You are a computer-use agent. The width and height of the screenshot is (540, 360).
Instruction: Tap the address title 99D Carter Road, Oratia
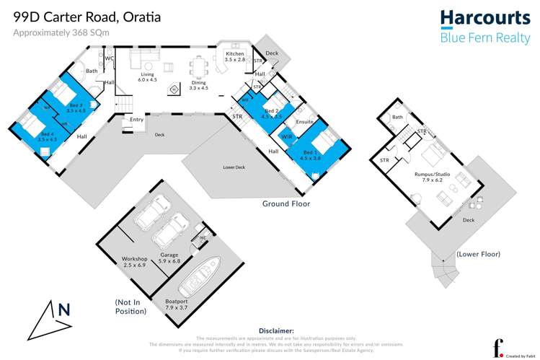(x=87, y=15)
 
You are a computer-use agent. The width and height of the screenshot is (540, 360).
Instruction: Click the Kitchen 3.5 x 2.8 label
(x=236, y=58)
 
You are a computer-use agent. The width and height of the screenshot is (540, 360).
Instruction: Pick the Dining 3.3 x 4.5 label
(x=198, y=84)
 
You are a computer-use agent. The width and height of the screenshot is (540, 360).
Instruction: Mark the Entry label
(x=137, y=119)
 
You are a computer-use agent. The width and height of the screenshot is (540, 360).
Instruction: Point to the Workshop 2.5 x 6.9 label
(x=134, y=262)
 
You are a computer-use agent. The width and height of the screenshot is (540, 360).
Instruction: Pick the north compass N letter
(x=63, y=310)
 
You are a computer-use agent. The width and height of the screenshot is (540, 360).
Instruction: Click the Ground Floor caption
(x=286, y=204)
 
